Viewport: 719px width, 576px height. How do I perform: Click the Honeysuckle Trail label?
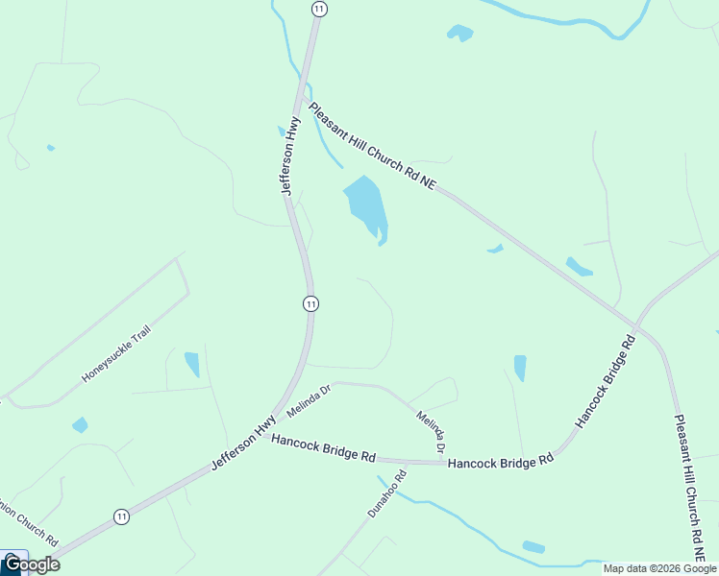[x=116, y=353]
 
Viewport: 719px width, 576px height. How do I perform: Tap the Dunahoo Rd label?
[x=387, y=492]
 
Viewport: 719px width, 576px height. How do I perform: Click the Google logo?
[x=31, y=564]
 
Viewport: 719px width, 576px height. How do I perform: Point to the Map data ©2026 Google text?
[x=660, y=568]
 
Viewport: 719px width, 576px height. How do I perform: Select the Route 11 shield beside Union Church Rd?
[x=121, y=516]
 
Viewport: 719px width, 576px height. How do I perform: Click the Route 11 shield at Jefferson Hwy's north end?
[x=319, y=9]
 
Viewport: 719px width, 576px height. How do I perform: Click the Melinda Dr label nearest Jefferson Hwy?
[x=308, y=402]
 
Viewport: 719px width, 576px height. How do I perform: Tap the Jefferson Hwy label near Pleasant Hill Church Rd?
[x=291, y=156]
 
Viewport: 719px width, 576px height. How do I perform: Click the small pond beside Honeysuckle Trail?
[x=192, y=364]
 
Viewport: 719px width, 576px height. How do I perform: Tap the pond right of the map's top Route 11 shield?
[x=460, y=33]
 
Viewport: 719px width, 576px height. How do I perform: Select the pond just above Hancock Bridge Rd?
[x=520, y=368]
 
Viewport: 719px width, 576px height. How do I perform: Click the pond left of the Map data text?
[x=533, y=547]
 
